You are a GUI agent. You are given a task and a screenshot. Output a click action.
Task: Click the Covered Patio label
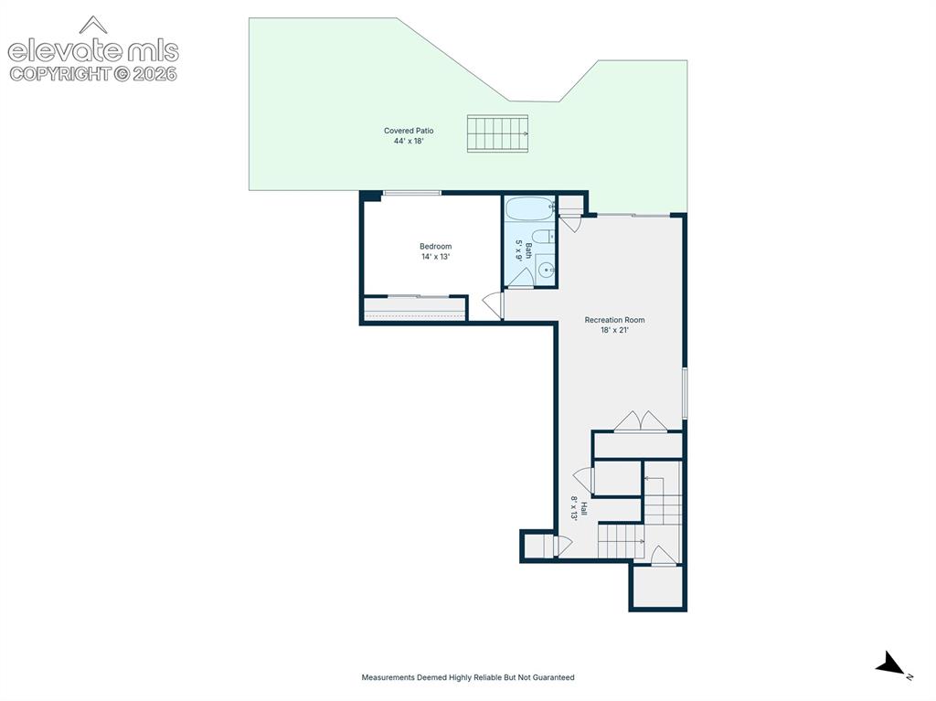coord(409,131)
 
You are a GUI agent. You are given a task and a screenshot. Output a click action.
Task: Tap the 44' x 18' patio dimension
coord(409,142)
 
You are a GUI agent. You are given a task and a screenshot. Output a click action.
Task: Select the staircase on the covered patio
coord(497,133)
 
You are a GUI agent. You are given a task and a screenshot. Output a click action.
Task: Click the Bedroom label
coord(435,247)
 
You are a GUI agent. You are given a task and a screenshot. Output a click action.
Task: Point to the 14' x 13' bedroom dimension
coord(435,257)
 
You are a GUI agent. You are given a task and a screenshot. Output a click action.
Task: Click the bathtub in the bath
coord(529,209)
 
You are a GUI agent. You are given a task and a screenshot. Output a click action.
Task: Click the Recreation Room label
coord(614,320)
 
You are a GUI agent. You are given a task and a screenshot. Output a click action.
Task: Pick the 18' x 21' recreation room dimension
coord(614,330)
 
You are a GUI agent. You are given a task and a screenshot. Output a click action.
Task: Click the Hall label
coord(584,509)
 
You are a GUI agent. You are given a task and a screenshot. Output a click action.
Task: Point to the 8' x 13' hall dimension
coord(574,509)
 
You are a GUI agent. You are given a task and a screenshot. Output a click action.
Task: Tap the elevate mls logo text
coord(93,51)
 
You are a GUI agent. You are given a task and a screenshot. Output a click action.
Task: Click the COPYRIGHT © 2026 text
coord(93,74)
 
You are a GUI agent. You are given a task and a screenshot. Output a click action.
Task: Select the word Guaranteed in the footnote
coord(554,678)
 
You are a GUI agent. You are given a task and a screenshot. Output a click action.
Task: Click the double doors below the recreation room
coord(641,421)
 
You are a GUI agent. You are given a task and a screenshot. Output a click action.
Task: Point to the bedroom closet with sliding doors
coord(415,309)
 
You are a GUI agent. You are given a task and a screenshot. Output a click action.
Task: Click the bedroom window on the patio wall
coord(412,193)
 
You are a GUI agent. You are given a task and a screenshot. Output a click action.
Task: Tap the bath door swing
coord(521,278)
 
